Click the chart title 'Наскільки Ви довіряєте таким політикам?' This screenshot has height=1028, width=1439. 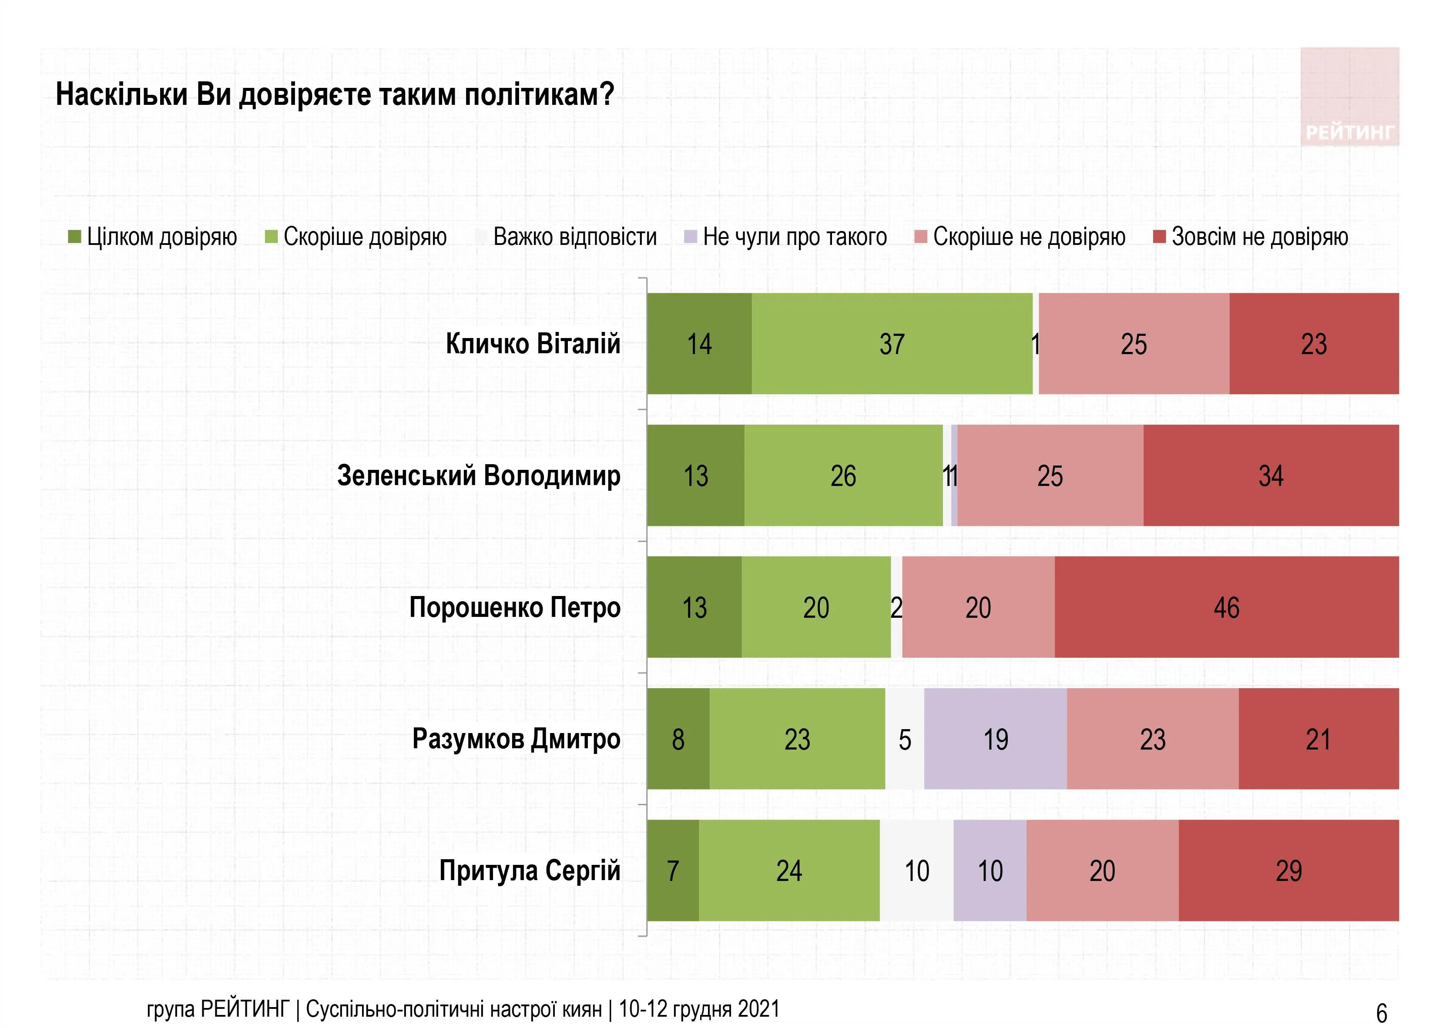pos(335,95)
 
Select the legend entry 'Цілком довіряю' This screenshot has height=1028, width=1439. pos(153,237)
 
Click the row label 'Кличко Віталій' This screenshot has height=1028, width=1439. pos(533,344)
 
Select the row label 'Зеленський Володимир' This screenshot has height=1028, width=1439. pos(479,475)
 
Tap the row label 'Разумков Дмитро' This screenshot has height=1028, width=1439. pos(516,739)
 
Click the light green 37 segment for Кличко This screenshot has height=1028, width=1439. pos(892,344)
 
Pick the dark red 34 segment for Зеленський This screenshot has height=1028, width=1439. pos(1271,475)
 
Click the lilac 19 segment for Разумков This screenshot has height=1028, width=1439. pos(995,739)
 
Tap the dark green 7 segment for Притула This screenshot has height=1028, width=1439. pos(673,871)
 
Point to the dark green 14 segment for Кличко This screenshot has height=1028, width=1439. pos(700,344)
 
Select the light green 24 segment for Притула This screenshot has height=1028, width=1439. pos(789,871)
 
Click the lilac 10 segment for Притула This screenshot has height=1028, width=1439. pos(990,871)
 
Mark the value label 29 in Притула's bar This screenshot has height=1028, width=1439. pos(1288,871)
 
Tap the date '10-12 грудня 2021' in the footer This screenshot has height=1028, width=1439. pos(699,1008)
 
